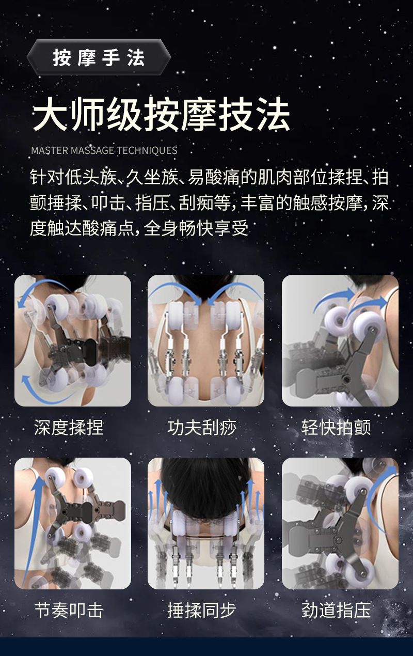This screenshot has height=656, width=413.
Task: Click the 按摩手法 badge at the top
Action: point(99,57)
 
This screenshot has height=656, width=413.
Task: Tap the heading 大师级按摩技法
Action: point(161,114)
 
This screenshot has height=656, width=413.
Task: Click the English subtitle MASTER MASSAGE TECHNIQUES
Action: point(104,150)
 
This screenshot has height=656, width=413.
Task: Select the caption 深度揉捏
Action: point(69,428)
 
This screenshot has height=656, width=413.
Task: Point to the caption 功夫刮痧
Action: point(202,428)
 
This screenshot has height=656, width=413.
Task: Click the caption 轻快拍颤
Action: point(336,428)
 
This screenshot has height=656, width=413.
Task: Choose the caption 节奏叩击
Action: point(69,611)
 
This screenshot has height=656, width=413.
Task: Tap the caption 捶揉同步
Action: point(202,611)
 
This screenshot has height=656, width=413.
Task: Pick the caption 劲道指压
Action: point(336,611)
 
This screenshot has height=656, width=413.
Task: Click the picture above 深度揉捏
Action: point(73,340)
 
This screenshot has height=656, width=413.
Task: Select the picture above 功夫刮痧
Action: point(206,340)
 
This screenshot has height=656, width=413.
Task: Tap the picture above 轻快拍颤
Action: point(340,340)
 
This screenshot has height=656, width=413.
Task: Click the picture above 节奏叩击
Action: point(73,523)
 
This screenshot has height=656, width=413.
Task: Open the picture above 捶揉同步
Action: point(206,523)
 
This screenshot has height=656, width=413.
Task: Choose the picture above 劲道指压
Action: point(340,523)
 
